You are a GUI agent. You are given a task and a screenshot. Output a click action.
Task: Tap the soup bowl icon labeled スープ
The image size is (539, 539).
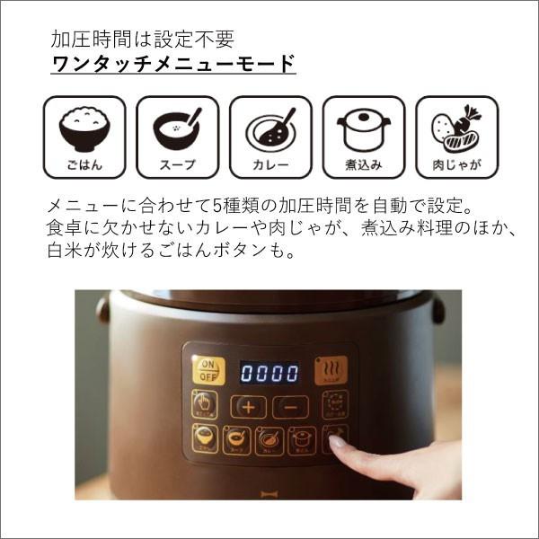177,137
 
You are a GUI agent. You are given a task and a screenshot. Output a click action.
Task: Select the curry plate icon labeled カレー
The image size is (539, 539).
270,137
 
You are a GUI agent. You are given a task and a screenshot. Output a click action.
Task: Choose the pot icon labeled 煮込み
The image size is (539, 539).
363,137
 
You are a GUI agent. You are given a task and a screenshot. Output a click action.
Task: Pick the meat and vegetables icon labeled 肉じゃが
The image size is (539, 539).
456,137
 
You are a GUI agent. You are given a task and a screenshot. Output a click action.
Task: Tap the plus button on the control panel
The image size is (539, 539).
249,406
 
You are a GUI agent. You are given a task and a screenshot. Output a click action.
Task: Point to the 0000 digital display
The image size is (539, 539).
269,372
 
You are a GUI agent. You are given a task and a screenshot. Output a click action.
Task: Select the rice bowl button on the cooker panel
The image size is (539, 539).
205,439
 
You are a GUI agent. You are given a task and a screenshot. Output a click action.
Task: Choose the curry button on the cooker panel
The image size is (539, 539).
269,440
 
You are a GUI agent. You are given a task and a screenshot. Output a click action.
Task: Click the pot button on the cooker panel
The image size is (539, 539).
301,440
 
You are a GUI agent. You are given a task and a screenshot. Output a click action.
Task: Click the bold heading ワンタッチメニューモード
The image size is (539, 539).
174,65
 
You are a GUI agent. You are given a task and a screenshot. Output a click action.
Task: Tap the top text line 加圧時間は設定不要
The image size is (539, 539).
142,40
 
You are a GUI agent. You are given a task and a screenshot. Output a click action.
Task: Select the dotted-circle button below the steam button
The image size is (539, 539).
334,405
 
